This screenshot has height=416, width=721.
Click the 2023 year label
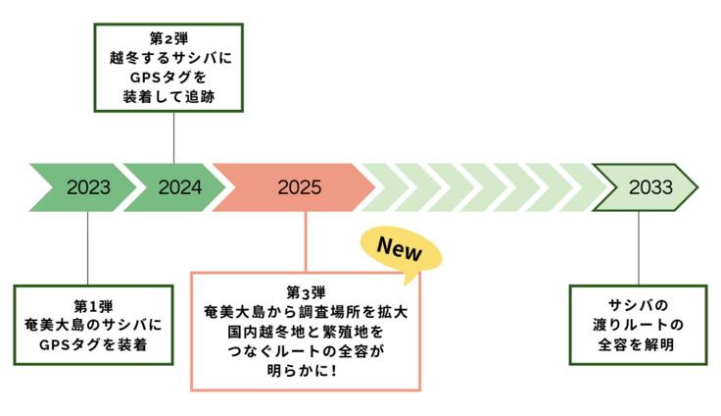pyautogui.click(x=88, y=187)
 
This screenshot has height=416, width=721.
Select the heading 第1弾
pyautogui.click(x=88, y=305)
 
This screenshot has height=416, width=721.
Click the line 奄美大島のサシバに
pyautogui.click(x=88, y=325)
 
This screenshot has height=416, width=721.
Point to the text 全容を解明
pyautogui.click(x=637, y=344)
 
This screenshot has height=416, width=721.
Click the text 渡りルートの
pyautogui.click(x=637, y=325)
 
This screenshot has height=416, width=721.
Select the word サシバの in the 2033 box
pyautogui.click(x=637, y=305)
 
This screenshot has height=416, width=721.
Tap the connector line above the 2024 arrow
pyautogui.click(x=174, y=136)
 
